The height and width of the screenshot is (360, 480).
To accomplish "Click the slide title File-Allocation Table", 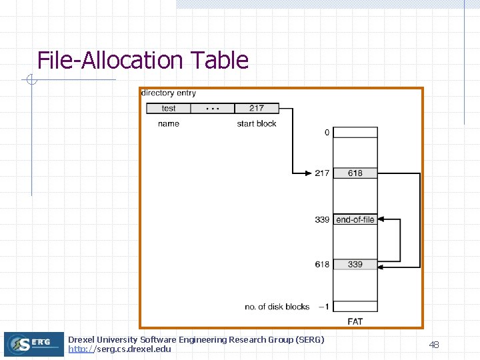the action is [143, 61].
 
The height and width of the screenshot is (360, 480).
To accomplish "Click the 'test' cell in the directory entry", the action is [169, 108].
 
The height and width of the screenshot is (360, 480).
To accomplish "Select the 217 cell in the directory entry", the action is [257, 108].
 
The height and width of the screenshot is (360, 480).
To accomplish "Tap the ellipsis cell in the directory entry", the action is [213, 108].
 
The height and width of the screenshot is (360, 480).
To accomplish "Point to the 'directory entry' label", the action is [169, 93].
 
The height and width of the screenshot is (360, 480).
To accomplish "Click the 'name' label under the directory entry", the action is [169, 124].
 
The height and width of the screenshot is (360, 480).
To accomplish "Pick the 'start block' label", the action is [257, 124].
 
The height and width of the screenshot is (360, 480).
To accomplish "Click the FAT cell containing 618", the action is [355, 173].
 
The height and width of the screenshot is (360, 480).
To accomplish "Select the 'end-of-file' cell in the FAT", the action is [355, 219].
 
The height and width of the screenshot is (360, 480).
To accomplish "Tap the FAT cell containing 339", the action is [355, 265].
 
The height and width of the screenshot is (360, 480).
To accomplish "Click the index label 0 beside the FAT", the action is [327, 133].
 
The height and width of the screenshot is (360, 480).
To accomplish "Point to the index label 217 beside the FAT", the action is [322, 173].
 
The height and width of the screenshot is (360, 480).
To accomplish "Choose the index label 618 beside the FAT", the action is [322, 265].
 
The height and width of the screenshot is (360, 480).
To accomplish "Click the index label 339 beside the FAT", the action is [322, 219].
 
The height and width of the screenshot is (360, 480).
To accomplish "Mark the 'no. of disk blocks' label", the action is [277, 307].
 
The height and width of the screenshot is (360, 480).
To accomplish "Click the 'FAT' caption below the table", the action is [355, 322].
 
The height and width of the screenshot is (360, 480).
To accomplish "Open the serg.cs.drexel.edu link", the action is [120, 349].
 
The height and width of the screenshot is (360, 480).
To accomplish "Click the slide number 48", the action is [433, 345].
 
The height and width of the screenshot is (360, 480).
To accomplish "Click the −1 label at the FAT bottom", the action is [323, 307].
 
